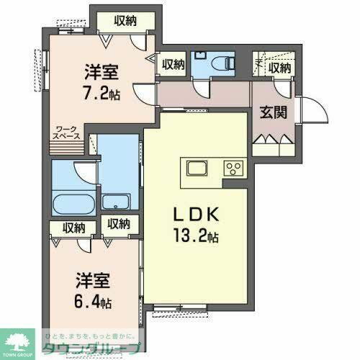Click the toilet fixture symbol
pos(223,62)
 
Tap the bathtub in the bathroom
pos(74,202)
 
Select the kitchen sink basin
pos(197,169)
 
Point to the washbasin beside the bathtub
pos(117,201)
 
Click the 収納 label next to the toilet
pos(173,65)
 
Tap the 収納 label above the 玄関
pos(279,68)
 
